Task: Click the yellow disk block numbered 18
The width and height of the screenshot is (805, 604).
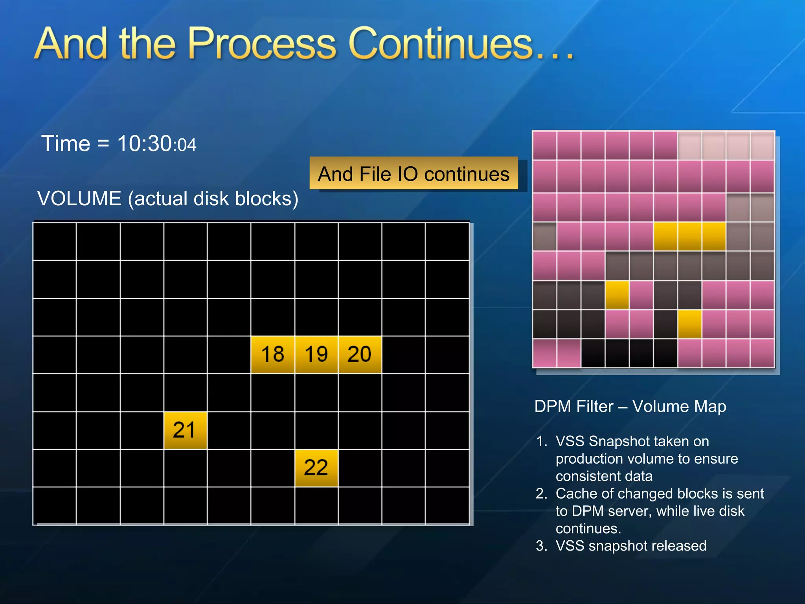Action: tap(272, 354)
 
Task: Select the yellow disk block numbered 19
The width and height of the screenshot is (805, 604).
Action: tap(316, 354)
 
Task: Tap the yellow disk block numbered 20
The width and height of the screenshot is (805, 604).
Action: tap(360, 354)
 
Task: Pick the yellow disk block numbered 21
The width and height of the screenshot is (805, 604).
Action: tap(185, 430)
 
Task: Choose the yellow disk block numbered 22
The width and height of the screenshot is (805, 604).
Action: tap(316, 468)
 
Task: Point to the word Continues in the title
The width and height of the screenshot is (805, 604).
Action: tap(440, 44)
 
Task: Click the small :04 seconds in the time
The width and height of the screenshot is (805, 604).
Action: tap(184, 145)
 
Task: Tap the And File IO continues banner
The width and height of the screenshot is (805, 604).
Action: tap(414, 173)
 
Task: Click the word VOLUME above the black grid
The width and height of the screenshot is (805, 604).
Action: tap(79, 198)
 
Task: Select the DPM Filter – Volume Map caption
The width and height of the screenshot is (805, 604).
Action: tap(630, 406)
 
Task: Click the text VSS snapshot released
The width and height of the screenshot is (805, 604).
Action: tap(631, 546)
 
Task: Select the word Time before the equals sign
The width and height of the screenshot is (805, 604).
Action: tap(66, 144)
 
